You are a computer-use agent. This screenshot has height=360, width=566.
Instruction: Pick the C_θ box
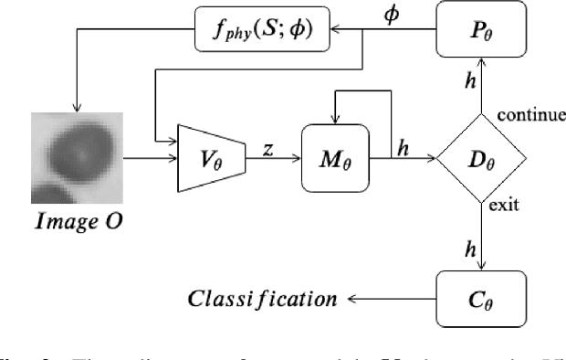click(x=482, y=297)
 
